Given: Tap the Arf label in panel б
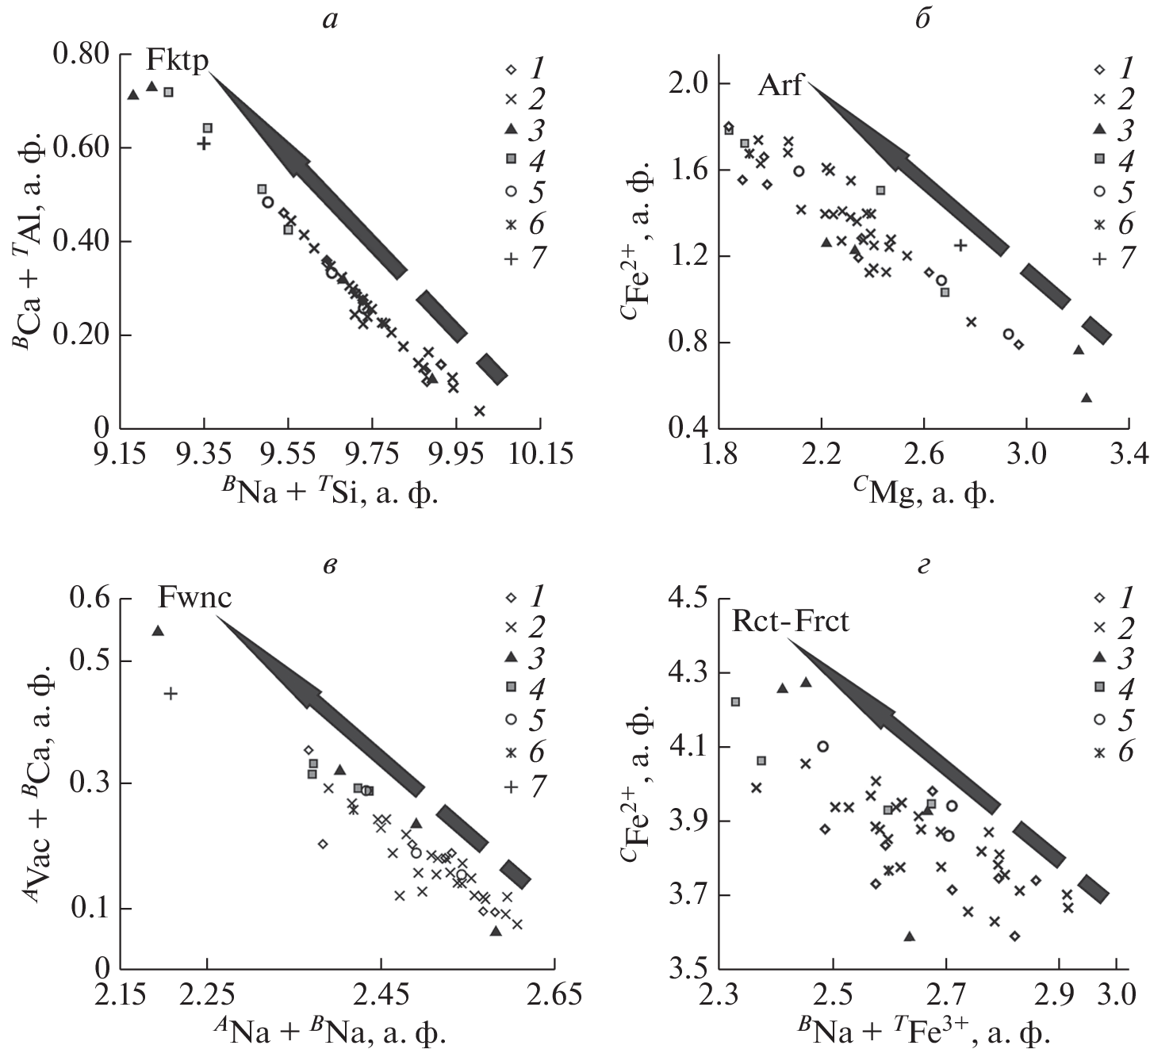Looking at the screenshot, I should [x=780, y=85].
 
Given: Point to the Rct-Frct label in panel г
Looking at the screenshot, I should [x=790, y=620].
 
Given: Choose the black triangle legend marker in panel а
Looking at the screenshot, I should [x=512, y=129].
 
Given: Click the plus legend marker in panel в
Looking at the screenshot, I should [x=512, y=787].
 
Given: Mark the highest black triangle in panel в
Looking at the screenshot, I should [x=158, y=630].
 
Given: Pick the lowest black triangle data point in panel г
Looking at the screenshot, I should [x=910, y=936].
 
